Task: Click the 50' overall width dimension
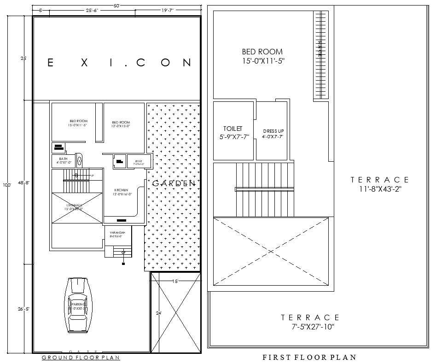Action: [116, 6]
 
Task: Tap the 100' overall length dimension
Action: [6, 185]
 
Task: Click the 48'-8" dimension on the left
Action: [24, 183]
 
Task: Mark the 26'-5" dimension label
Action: [24, 309]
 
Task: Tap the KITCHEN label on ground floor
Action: [122, 190]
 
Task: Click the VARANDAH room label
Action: [117, 233]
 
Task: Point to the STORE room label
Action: [138, 161]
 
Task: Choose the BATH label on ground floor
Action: [63, 159]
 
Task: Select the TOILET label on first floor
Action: [233, 129]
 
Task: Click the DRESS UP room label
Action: [273, 131]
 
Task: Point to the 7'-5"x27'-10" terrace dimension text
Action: [310, 327]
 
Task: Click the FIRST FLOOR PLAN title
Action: [309, 357]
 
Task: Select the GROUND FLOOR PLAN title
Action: [81, 358]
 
